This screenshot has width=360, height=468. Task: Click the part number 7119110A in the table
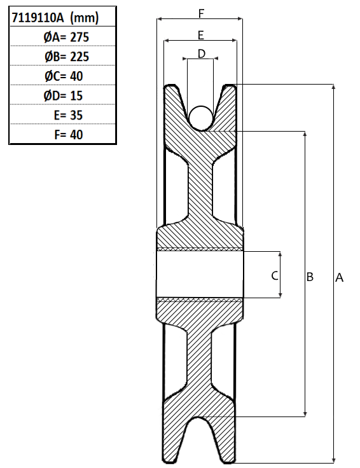click(x=38, y=18)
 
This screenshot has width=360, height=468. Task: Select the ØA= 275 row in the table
click(x=66, y=38)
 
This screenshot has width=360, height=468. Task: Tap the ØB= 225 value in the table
click(x=67, y=57)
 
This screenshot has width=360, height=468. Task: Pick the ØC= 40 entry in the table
click(x=64, y=76)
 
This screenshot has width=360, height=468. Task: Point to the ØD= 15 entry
click(x=63, y=96)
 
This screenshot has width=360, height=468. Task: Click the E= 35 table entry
click(x=68, y=115)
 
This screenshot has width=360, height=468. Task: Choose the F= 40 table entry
click(x=68, y=135)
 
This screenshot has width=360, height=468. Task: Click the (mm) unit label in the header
click(x=84, y=18)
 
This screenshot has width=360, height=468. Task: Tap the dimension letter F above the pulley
click(x=201, y=13)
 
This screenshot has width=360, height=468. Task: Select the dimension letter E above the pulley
click(x=201, y=35)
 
